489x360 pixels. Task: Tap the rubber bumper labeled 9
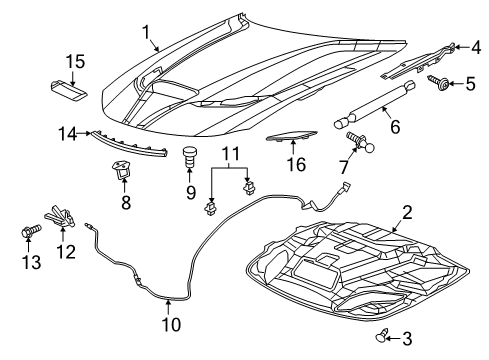pyautogui.click(x=189, y=157)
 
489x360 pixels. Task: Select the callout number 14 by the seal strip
pyautogui.click(x=68, y=132)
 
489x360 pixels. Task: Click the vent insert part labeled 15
pyautogui.click(x=66, y=85)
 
